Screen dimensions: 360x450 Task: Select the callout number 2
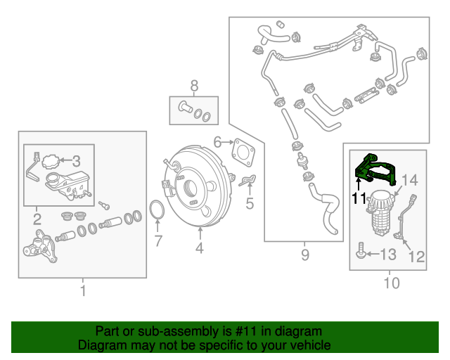click(x=37, y=219)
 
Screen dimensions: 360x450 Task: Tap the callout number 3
click(x=77, y=160)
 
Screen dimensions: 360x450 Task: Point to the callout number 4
click(x=200, y=247)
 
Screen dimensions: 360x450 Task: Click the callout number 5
click(x=249, y=205)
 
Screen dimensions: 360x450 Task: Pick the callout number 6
click(x=218, y=142)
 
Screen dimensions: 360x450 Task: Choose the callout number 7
click(x=158, y=242)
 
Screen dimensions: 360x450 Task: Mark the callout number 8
click(x=194, y=86)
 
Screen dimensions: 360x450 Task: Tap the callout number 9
click(x=304, y=255)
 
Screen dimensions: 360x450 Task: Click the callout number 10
click(x=392, y=283)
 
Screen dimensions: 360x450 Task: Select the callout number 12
click(x=416, y=257)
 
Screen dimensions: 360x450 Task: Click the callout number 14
click(x=409, y=179)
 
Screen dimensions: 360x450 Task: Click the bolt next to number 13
click(x=361, y=252)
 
